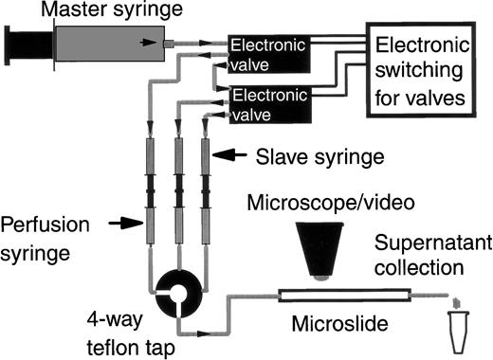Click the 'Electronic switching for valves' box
tap(421, 69)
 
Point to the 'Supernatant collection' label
tap(438, 253)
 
